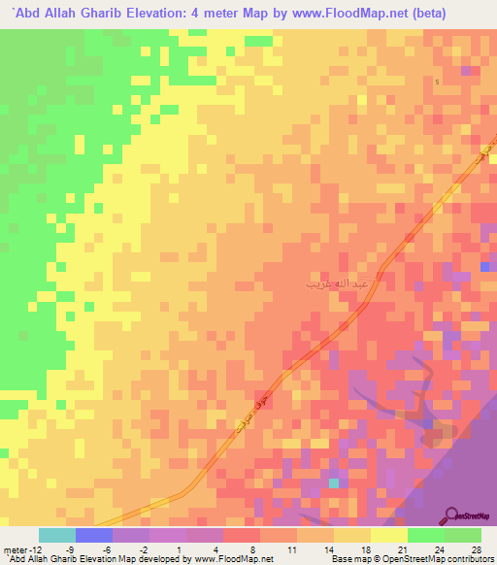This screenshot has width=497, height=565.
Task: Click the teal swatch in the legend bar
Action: [x=56, y=534]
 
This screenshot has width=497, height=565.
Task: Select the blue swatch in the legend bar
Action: [x=93, y=534]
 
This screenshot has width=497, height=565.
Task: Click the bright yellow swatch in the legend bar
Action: [x=388, y=534]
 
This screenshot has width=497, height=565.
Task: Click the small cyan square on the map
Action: [x=334, y=482]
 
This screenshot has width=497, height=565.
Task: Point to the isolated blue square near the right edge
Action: [x=484, y=267]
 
